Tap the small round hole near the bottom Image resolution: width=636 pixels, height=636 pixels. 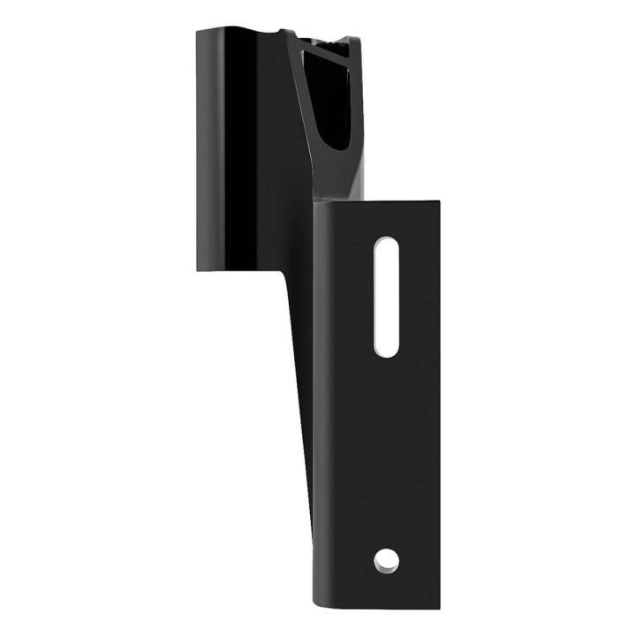click(x=386, y=558)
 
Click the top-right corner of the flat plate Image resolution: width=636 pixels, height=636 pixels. click(x=439, y=201)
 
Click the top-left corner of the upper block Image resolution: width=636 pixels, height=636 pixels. click(x=198, y=29)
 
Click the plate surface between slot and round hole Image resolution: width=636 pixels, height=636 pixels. click(x=386, y=455)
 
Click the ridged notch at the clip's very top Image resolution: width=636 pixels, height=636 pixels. click(x=329, y=41)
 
